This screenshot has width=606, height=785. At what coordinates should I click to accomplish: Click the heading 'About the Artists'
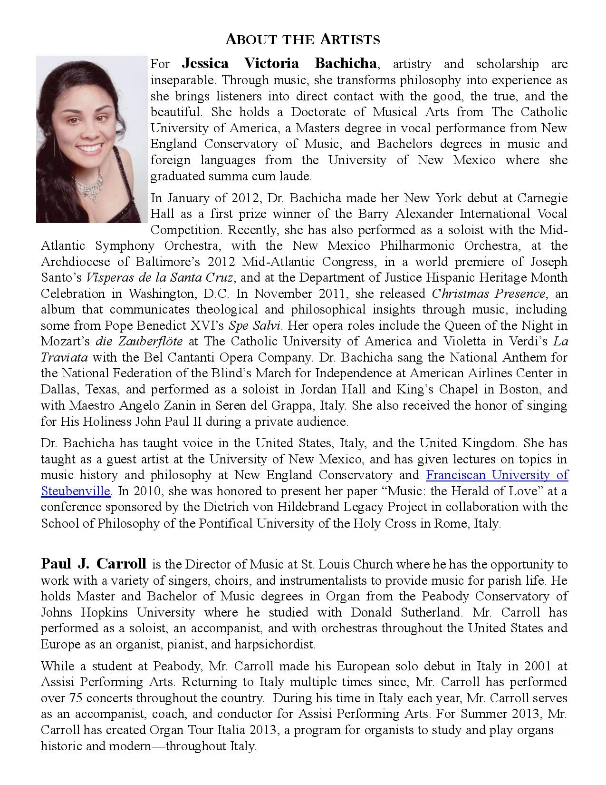(x=303, y=39)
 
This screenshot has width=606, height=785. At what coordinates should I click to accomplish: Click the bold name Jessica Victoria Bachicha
(x=279, y=63)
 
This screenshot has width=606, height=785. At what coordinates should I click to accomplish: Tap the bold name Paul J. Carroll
(x=94, y=564)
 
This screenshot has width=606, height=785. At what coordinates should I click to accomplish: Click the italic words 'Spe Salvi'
(x=256, y=326)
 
